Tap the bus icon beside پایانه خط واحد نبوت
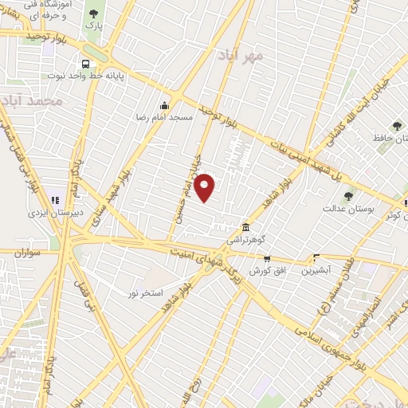pos(84,65)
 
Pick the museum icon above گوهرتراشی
pos(245,226)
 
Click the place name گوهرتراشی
pos(245,238)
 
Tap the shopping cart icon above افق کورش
pos(267,259)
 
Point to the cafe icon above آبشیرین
pos(316,258)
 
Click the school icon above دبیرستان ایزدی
pos(55,200)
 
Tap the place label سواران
pos(26,253)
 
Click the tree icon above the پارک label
pos(95,14)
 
